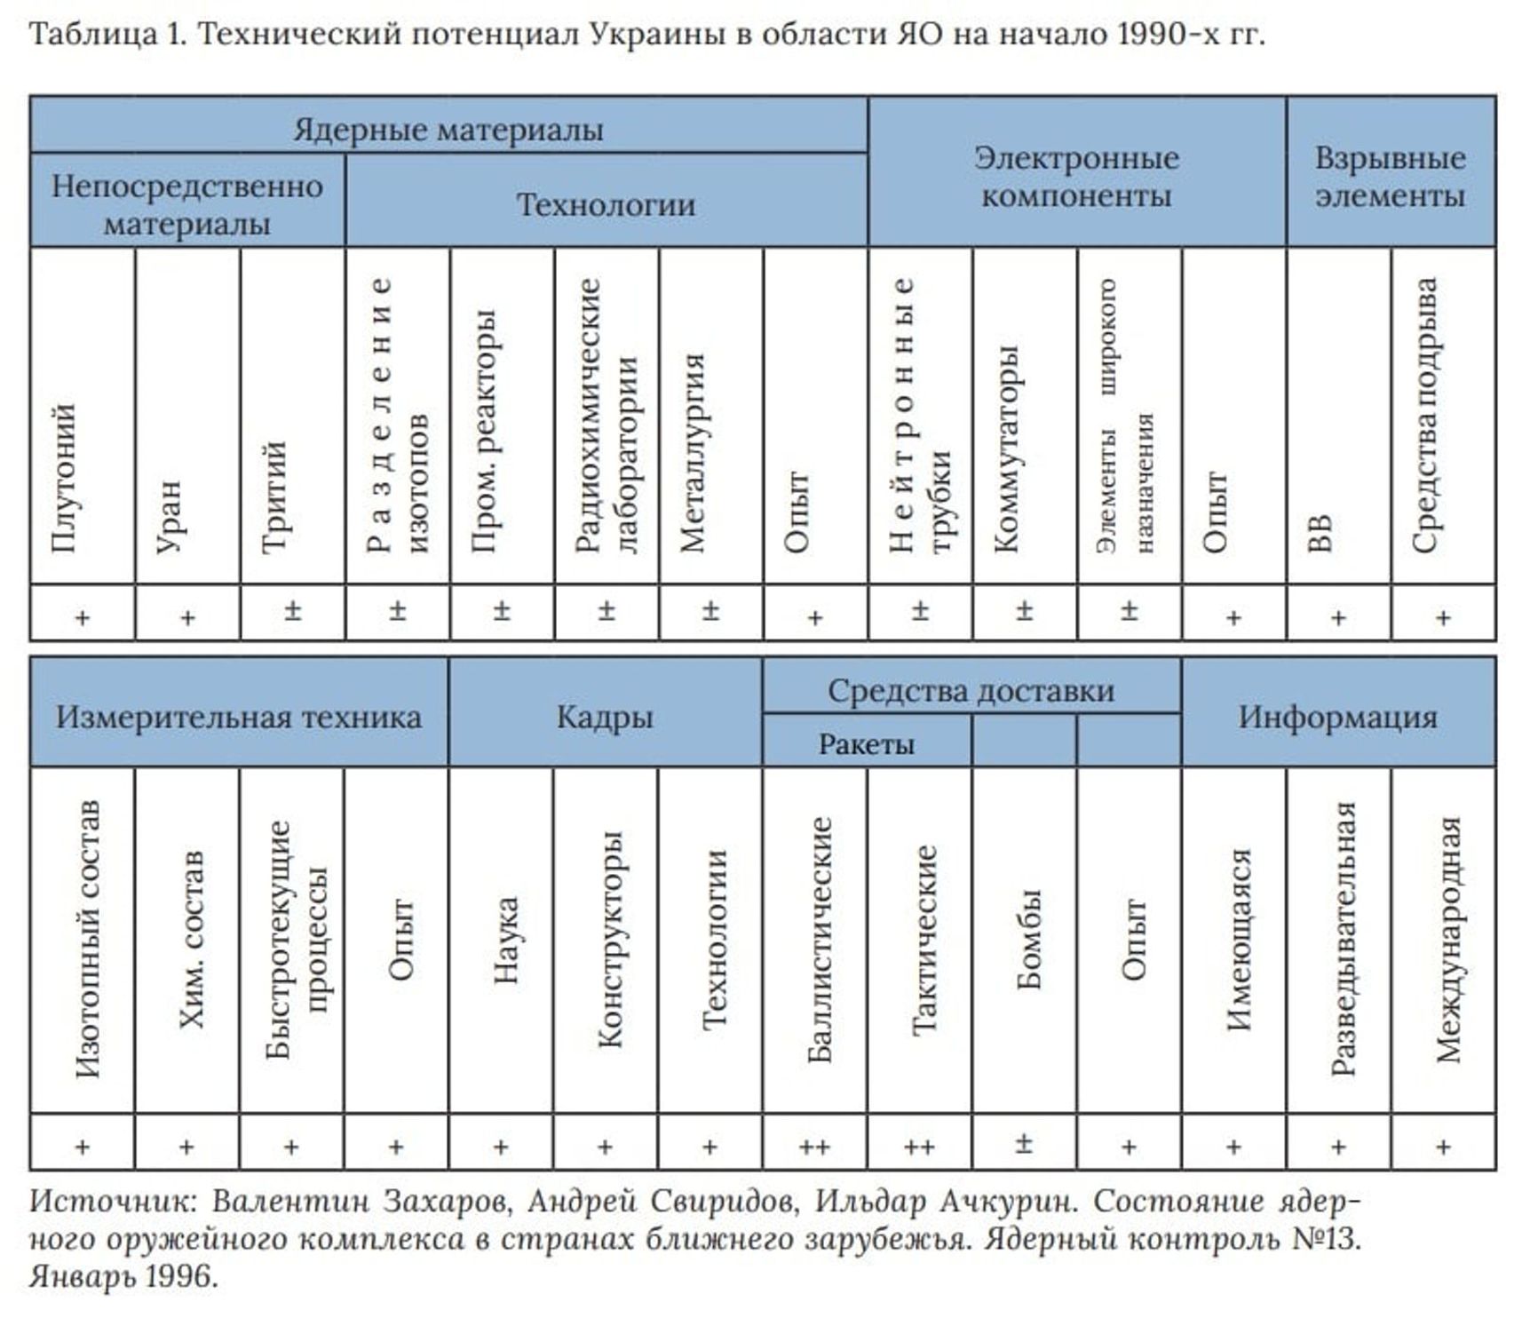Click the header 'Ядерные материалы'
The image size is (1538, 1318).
tap(448, 130)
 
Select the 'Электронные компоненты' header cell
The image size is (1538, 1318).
tap(1076, 176)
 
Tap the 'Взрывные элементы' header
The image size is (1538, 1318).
tap(1390, 176)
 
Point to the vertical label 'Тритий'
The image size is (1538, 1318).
tap(274, 497)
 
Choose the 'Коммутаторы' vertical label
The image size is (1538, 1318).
tap(1006, 449)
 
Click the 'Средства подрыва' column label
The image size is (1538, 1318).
tap(1424, 416)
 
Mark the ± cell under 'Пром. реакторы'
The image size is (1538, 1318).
tap(502, 611)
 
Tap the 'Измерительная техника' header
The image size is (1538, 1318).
tap(239, 718)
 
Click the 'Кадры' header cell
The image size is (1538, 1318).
tap(605, 718)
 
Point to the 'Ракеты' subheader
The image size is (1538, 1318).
tap(866, 744)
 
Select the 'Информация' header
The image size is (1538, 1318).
tap(1337, 718)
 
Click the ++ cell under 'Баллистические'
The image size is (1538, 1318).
tap(814, 1147)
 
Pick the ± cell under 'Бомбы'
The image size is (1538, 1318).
tap(1024, 1144)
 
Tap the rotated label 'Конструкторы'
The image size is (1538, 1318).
tap(610, 940)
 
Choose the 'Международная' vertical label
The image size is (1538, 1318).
tap(1447, 940)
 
